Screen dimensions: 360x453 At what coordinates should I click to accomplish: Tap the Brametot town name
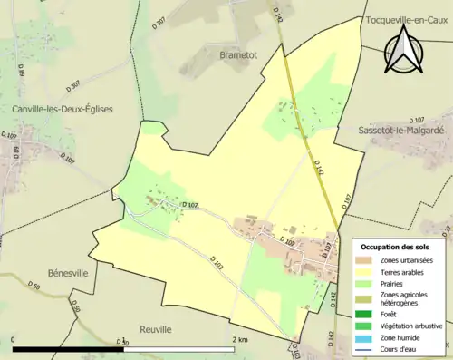238,54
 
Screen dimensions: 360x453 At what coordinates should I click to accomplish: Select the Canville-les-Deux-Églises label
62,109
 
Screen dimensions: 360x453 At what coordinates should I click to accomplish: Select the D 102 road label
190,205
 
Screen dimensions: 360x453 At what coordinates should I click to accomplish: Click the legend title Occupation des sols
395,247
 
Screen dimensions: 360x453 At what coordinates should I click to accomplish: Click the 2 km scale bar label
240,340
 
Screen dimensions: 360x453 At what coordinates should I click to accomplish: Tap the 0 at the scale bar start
14,340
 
